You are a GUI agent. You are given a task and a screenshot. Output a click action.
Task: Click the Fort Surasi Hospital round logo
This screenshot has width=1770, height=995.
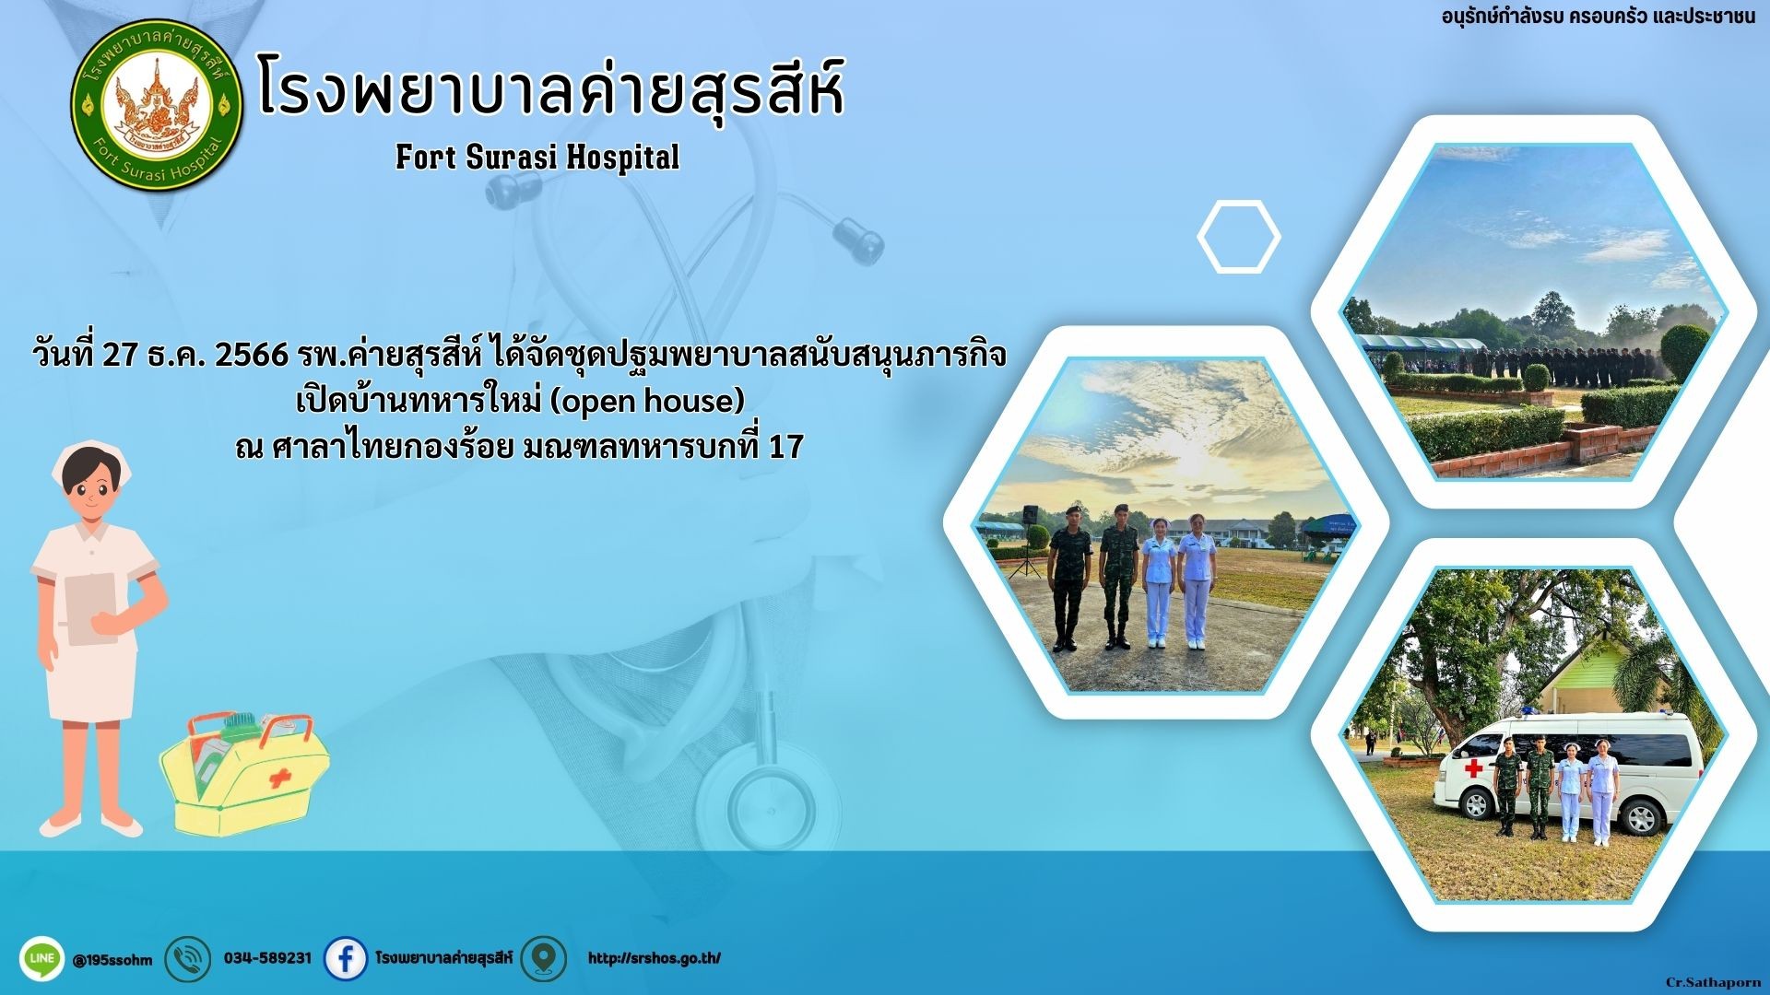point(157,104)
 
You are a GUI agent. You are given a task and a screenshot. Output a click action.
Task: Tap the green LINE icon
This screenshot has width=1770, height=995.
point(41,959)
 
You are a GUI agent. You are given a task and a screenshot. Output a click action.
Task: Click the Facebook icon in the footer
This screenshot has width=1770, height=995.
point(346,959)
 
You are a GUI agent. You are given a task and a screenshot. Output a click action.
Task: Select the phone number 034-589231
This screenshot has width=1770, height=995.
point(267,958)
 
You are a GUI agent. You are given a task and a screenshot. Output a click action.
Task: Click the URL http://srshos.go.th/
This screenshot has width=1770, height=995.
point(655,958)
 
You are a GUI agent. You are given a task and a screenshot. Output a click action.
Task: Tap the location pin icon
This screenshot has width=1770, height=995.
point(543,959)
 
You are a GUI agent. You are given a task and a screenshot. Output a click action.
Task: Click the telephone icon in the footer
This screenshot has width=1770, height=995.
point(187,959)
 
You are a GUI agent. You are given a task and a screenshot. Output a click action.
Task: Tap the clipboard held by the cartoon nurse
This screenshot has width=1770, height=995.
point(90,608)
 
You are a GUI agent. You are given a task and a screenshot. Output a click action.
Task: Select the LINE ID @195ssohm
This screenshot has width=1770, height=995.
point(112,960)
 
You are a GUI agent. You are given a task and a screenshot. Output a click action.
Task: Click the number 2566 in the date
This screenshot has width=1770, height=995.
point(252,355)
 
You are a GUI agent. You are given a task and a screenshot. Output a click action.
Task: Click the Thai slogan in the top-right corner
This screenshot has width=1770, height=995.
point(1599,18)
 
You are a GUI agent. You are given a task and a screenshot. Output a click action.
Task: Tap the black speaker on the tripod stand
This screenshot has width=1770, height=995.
point(1030,514)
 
